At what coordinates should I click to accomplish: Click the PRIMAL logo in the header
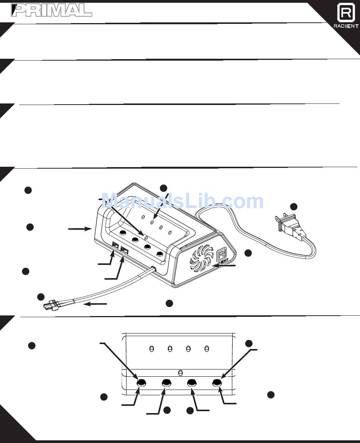tap(52, 11)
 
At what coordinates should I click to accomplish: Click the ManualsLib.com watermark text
tap(183, 201)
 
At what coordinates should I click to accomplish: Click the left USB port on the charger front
tap(115, 246)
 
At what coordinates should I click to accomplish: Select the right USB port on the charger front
tap(124, 250)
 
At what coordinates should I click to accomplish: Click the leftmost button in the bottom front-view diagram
tap(141, 383)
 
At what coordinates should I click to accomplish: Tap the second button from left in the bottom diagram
tap(166, 383)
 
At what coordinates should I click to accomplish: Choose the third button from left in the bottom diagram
tap(192, 383)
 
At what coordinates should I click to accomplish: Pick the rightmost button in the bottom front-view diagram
tap(217, 383)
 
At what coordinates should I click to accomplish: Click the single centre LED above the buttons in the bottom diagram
tap(180, 372)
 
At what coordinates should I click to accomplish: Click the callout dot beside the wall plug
tap(294, 207)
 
